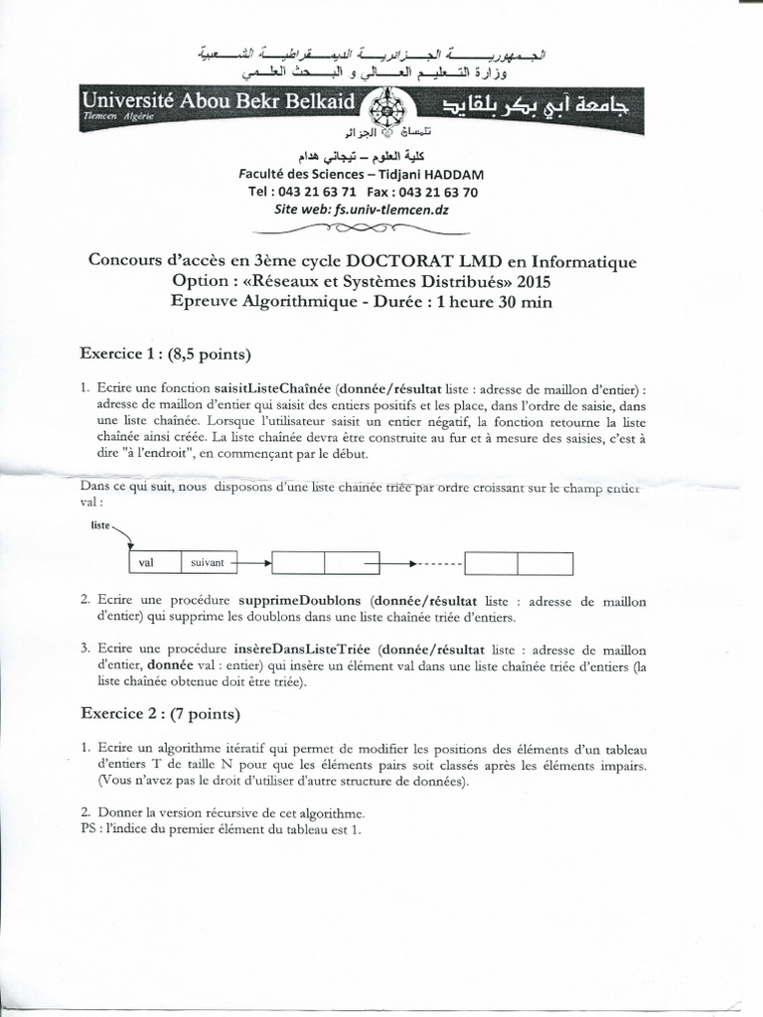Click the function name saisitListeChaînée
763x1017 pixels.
point(272,389)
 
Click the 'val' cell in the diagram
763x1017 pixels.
point(147,563)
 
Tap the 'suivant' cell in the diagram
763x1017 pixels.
point(208,563)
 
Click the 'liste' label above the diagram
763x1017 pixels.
point(99,523)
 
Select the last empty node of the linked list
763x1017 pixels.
point(519,563)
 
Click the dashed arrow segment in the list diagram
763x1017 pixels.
point(438,563)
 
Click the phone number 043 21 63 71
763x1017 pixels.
point(317,192)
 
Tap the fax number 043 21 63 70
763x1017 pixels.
point(438,192)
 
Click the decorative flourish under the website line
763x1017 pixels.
point(367,227)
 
